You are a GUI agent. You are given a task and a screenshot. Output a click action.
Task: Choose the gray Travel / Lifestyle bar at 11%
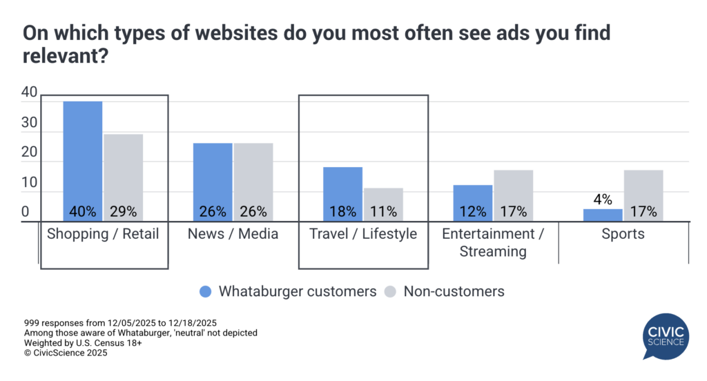(383, 204)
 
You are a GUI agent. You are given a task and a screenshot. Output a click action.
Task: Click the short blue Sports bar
(603, 215)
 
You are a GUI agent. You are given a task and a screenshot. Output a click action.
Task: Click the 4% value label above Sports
(603, 199)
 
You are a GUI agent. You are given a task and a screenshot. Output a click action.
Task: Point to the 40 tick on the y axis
(28, 92)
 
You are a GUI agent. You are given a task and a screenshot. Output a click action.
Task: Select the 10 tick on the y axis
(28, 183)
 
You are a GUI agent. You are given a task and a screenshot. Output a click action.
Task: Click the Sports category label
(623, 234)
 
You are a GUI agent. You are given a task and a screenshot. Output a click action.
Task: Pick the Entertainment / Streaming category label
(493, 242)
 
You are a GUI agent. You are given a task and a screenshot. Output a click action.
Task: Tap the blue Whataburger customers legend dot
(205, 291)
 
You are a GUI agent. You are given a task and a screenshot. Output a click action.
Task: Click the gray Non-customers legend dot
(391, 291)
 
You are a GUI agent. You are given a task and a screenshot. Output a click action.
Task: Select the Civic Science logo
(666, 336)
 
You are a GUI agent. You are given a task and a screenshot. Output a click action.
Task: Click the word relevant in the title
(65, 57)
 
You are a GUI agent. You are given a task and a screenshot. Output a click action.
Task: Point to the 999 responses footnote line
(121, 322)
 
